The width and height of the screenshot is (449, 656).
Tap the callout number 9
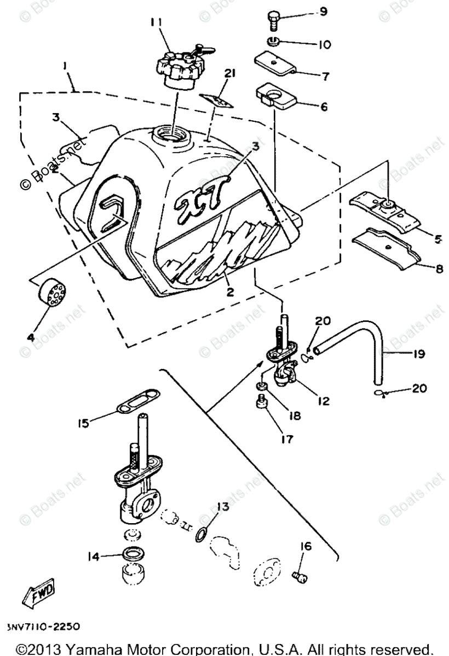point(323,11)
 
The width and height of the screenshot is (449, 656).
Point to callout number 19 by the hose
point(419,354)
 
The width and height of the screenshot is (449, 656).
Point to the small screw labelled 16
point(299,576)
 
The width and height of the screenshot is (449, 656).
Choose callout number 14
point(93,557)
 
